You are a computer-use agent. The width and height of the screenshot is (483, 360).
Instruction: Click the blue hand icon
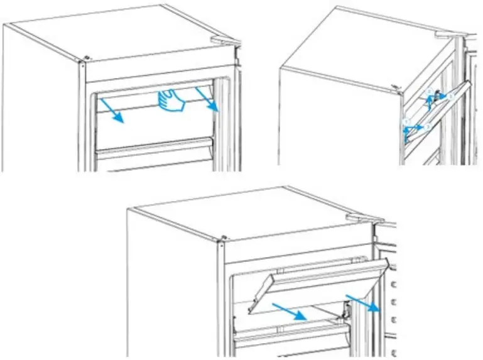coord(171,101)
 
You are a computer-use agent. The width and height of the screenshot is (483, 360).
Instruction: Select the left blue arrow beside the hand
coord(114,110)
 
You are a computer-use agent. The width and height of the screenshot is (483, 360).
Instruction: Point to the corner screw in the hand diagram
coord(84,61)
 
